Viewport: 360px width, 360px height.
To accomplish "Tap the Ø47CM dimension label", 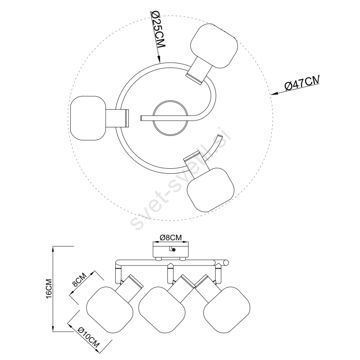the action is (x=302, y=83).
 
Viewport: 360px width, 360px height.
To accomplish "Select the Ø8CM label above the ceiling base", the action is (x=171, y=238).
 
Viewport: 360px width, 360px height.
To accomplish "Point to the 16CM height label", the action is (x=49, y=288).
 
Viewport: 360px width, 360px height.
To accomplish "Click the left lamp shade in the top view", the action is (x=88, y=118).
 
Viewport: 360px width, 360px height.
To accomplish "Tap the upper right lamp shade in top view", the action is (x=214, y=46).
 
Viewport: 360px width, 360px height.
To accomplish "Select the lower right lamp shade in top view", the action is (x=211, y=189).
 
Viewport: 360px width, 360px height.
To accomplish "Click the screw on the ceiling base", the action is (x=174, y=250).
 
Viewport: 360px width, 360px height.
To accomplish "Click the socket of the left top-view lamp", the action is (x=117, y=118).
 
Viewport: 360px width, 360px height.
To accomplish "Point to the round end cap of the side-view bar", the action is (x=226, y=262).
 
